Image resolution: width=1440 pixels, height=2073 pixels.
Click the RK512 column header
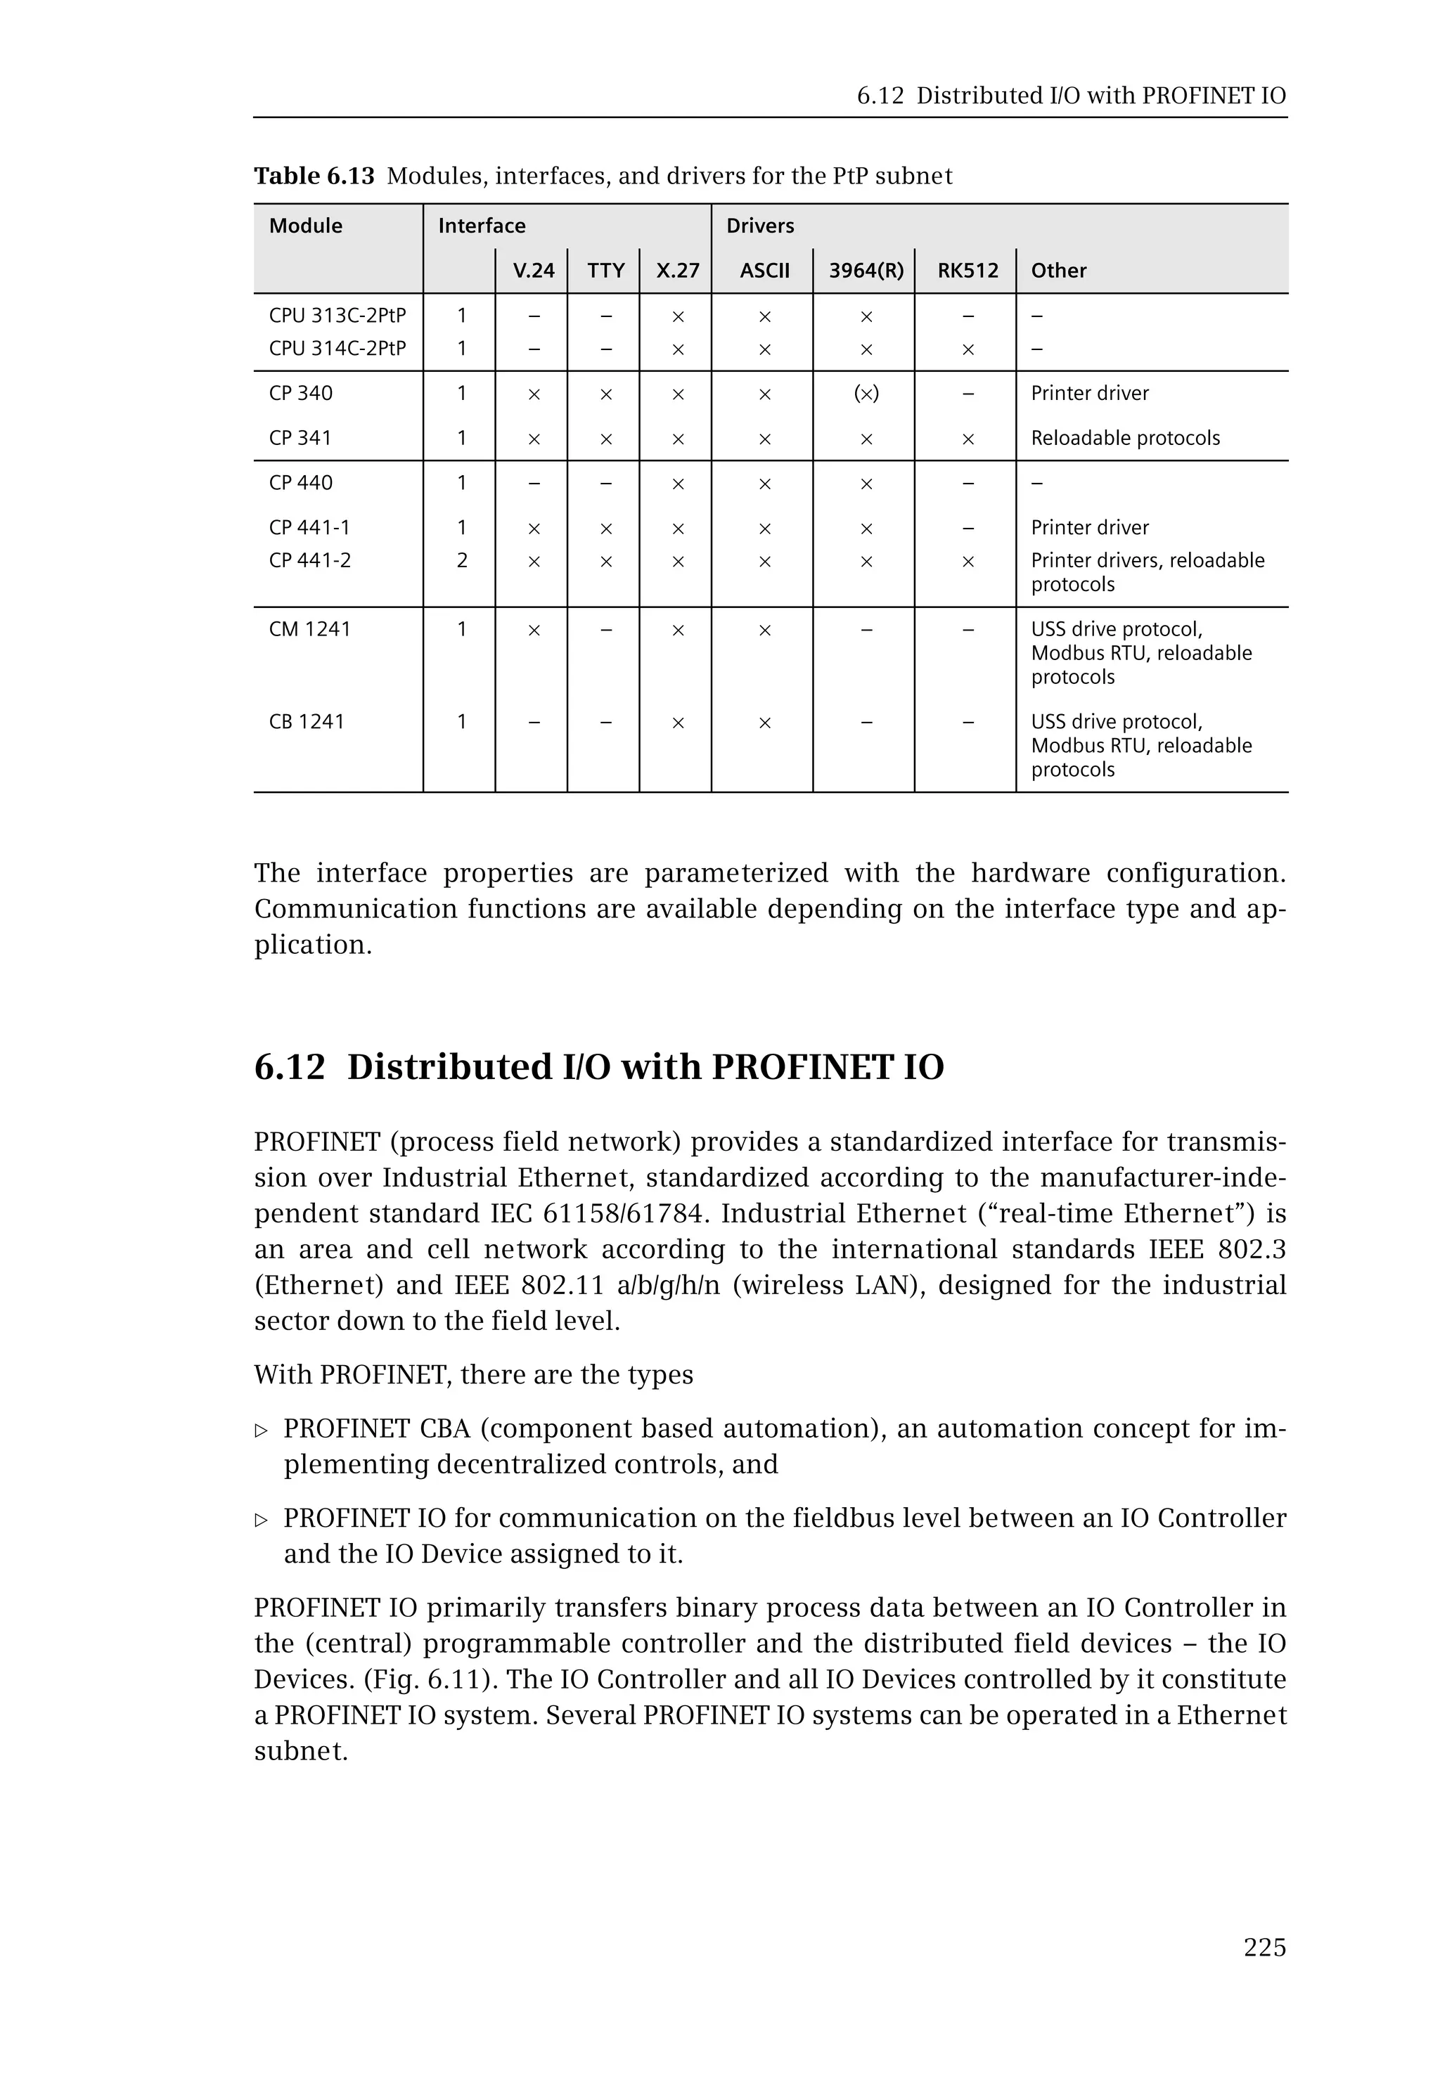pyautogui.click(x=967, y=271)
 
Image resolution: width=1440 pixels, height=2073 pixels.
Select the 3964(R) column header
pyautogui.click(x=866, y=271)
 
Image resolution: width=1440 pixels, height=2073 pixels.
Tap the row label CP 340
pyautogui.click(x=300, y=394)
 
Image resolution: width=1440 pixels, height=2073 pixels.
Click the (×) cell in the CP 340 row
pyautogui.click(x=866, y=394)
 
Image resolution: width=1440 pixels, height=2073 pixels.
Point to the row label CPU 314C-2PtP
pyautogui.click(x=337, y=348)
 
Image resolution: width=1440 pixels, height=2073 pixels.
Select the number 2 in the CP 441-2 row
pyautogui.click(x=462, y=560)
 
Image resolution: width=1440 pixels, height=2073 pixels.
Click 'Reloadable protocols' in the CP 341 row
pyautogui.click(x=1125, y=439)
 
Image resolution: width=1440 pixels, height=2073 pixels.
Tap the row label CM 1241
pyautogui.click(x=309, y=628)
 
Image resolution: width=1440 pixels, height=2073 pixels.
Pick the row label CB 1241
pyautogui.click(x=307, y=722)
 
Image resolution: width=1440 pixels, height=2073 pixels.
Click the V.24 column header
pyautogui.click(x=533, y=271)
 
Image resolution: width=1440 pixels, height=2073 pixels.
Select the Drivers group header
pyautogui.click(x=759, y=226)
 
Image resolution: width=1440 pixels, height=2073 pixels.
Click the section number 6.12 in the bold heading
pyautogui.click(x=289, y=1067)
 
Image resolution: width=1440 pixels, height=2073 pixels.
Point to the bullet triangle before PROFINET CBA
pyautogui.click(x=262, y=1431)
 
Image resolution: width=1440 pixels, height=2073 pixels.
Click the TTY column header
pyautogui.click(x=605, y=271)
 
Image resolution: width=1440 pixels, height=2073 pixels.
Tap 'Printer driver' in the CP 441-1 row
pyautogui.click(x=1089, y=528)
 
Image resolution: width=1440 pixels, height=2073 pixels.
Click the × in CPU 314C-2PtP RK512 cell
pyautogui.click(x=967, y=349)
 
